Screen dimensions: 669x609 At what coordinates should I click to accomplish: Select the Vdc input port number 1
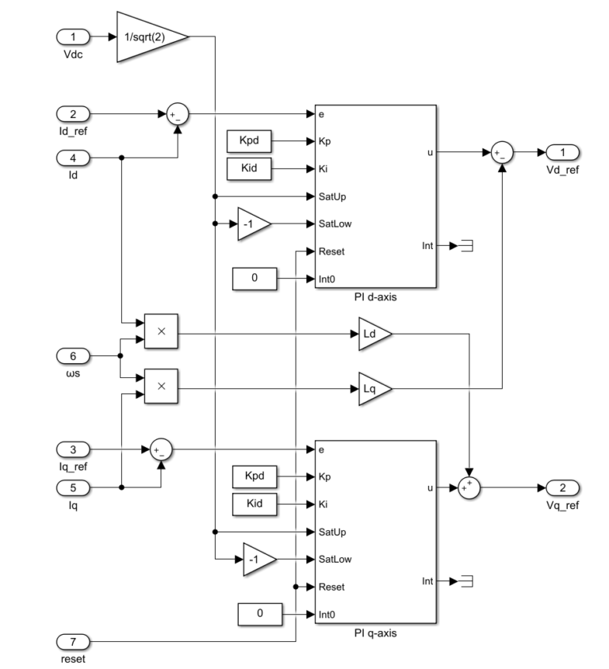tap(73, 36)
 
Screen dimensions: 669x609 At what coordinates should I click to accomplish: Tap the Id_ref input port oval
tap(73, 114)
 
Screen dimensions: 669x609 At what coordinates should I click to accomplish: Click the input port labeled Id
tap(73, 158)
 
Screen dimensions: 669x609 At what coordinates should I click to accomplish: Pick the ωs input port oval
tap(73, 354)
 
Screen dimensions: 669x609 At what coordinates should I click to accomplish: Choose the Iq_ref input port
tap(73, 449)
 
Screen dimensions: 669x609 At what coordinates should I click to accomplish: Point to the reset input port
tap(73, 641)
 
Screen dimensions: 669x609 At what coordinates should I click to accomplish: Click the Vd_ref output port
tap(562, 152)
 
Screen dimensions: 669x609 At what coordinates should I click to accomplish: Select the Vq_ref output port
tap(562, 487)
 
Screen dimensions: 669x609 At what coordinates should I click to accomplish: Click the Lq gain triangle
tap(373, 388)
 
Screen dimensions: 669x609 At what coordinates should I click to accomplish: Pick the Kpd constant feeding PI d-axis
tap(249, 142)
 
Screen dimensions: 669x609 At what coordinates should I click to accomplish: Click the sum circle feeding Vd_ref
tap(501, 152)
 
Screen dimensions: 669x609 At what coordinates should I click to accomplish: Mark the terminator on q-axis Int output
tap(467, 582)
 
